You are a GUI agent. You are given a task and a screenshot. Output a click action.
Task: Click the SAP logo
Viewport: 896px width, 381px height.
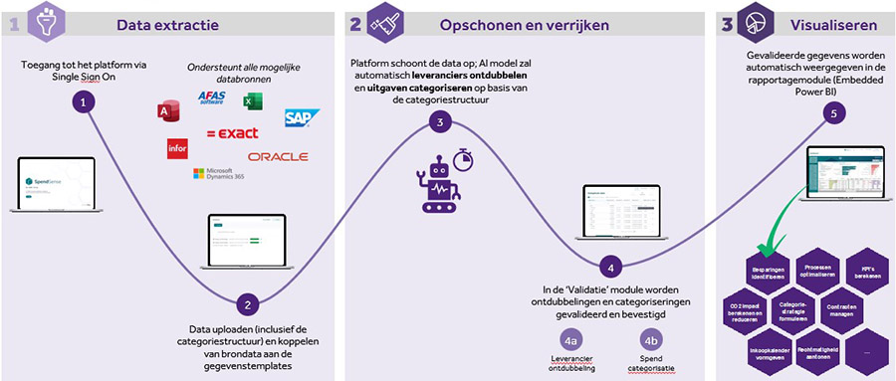click(299, 118)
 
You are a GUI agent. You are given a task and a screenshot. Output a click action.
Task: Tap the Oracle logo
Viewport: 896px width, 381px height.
click(278, 157)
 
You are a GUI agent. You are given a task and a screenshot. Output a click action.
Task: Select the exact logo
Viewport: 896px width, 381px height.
click(232, 133)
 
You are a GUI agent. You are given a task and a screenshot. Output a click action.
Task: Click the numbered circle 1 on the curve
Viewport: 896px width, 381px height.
click(86, 102)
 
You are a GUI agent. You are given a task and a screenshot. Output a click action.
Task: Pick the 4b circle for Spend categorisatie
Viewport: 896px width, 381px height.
click(651, 337)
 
